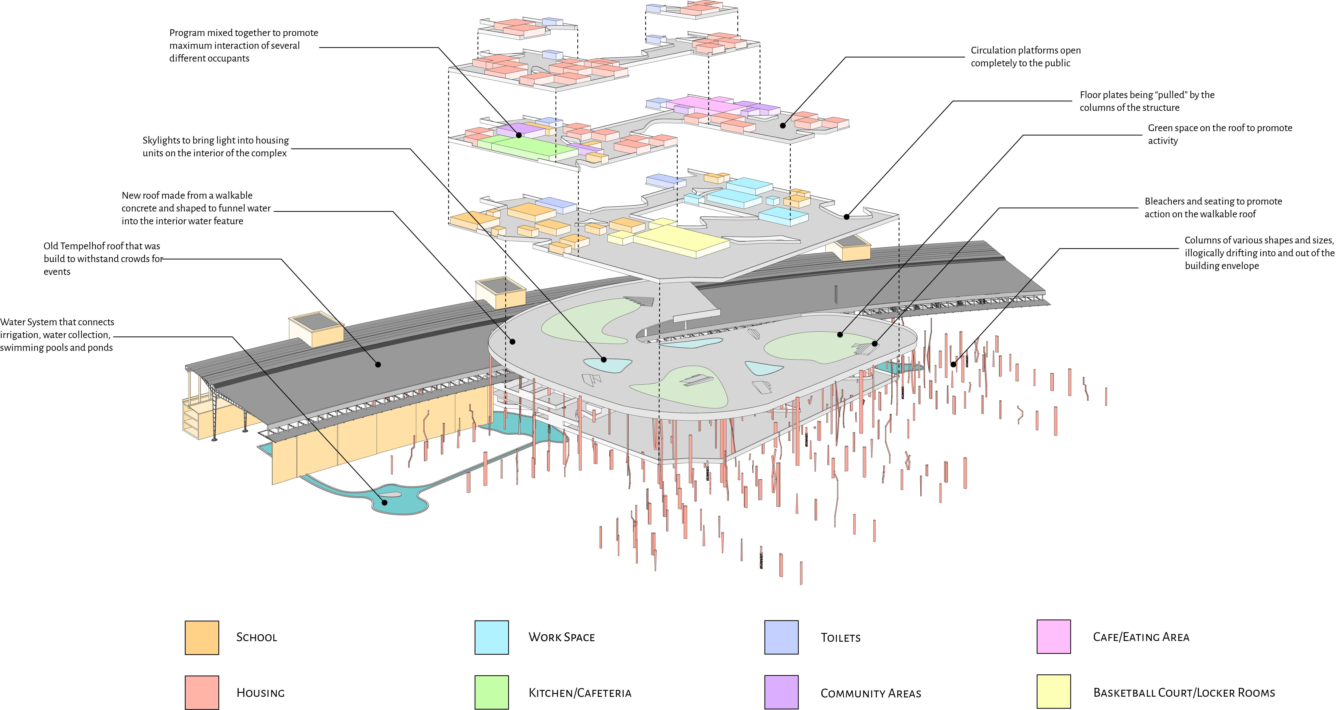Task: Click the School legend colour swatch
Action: (x=202, y=637)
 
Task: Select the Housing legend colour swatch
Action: (x=202, y=692)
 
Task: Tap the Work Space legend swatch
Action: (x=491, y=637)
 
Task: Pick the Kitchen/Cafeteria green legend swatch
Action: (x=491, y=692)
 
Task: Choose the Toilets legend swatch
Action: (x=781, y=637)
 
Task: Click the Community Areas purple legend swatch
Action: (x=781, y=692)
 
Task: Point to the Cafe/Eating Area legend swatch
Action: (x=1054, y=637)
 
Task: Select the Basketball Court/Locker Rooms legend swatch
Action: (x=1054, y=692)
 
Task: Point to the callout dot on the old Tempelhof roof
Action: (x=378, y=364)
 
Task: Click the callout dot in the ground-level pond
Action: (x=385, y=502)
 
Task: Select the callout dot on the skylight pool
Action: (x=603, y=359)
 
